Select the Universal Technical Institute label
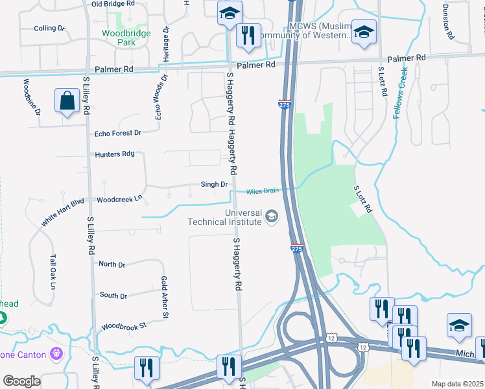(x=224, y=217)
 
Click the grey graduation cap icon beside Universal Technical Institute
(x=272, y=217)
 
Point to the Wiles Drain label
(x=262, y=191)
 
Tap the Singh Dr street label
(x=214, y=185)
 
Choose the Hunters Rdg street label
(x=114, y=154)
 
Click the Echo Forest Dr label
(x=117, y=134)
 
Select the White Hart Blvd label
(x=63, y=212)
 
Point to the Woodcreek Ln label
(x=119, y=200)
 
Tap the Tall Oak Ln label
(x=53, y=273)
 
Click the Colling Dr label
(x=50, y=29)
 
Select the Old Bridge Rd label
(x=113, y=4)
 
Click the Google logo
(x=21, y=381)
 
